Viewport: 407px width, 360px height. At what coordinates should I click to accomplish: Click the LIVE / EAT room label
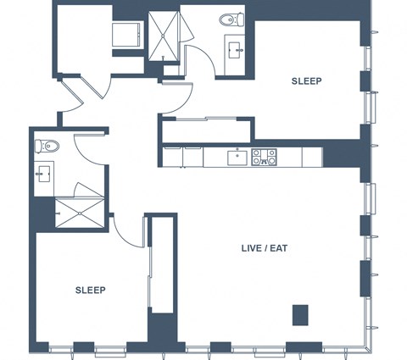click(265, 248)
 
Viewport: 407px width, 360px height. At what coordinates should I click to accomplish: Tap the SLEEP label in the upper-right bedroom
click(306, 81)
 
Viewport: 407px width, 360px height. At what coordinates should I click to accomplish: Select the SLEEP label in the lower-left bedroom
click(91, 290)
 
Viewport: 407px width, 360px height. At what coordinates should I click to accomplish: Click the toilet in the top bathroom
click(231, 19)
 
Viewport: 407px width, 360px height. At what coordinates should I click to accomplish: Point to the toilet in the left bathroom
click(47, 146)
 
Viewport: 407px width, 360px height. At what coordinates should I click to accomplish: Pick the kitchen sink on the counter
click(237, 158)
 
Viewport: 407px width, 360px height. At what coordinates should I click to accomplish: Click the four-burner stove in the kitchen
click(264, 157)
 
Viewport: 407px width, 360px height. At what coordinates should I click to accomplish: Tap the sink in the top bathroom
click(235, 51)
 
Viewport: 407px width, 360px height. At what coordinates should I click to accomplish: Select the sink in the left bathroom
click(44, 174)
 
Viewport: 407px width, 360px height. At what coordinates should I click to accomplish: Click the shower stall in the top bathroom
click(164, 36)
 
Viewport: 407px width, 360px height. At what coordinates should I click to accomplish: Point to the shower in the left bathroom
click(80, 213)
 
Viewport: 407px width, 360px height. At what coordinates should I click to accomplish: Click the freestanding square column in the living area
click(300, 315)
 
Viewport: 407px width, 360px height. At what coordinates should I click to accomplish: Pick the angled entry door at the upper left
click(72, 96)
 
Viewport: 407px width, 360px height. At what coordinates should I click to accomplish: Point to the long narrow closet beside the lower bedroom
click(162, 265)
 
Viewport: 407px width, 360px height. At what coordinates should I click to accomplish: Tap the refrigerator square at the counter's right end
click(312, 157)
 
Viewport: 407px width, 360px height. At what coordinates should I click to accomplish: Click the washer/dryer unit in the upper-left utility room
click(126, 35)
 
